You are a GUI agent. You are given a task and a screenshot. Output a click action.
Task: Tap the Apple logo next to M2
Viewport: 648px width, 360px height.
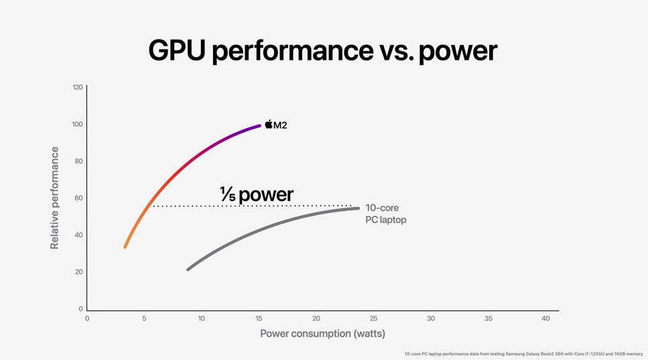point(269,124)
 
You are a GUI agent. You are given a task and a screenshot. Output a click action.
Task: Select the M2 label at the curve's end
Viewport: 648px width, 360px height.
point(280,125)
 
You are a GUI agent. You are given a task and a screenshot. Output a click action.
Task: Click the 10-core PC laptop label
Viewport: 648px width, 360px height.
point(385,215)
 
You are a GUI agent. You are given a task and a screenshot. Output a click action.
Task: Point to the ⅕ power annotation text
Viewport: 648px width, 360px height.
point(257,194)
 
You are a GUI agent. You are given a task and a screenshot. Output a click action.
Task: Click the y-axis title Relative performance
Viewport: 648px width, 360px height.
point(54,198)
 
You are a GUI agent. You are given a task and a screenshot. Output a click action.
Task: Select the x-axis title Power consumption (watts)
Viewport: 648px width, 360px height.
point(322,333)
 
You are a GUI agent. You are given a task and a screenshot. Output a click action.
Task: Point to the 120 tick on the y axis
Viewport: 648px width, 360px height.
point(77,87)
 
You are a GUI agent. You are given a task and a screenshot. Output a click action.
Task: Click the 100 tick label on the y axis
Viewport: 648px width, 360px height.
point(77,124)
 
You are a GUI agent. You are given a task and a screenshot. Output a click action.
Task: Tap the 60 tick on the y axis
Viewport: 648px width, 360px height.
point(78,198)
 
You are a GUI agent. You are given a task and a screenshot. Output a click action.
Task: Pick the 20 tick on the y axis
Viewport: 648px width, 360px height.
point(78,272)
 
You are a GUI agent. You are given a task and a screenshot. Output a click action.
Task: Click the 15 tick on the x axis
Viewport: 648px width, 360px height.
point(259,318)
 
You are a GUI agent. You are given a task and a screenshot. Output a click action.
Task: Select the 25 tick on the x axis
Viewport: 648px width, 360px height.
point(373,318)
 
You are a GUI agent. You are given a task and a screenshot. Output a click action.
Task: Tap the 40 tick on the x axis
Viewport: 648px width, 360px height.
point(545,318)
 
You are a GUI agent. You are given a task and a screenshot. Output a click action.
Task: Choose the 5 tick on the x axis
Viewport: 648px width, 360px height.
point(144,318)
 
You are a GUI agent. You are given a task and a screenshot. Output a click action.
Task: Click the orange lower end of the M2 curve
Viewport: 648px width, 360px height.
point(125,247)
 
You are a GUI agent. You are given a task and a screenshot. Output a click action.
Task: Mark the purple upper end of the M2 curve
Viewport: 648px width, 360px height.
point(259,125)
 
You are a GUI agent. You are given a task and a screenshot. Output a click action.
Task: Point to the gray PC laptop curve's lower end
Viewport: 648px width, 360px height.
point(188,269)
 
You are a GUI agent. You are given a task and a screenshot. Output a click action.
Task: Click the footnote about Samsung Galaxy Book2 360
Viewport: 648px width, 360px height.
point(523,353)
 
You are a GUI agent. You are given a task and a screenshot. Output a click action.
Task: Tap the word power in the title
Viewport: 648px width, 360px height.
point(458,51)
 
